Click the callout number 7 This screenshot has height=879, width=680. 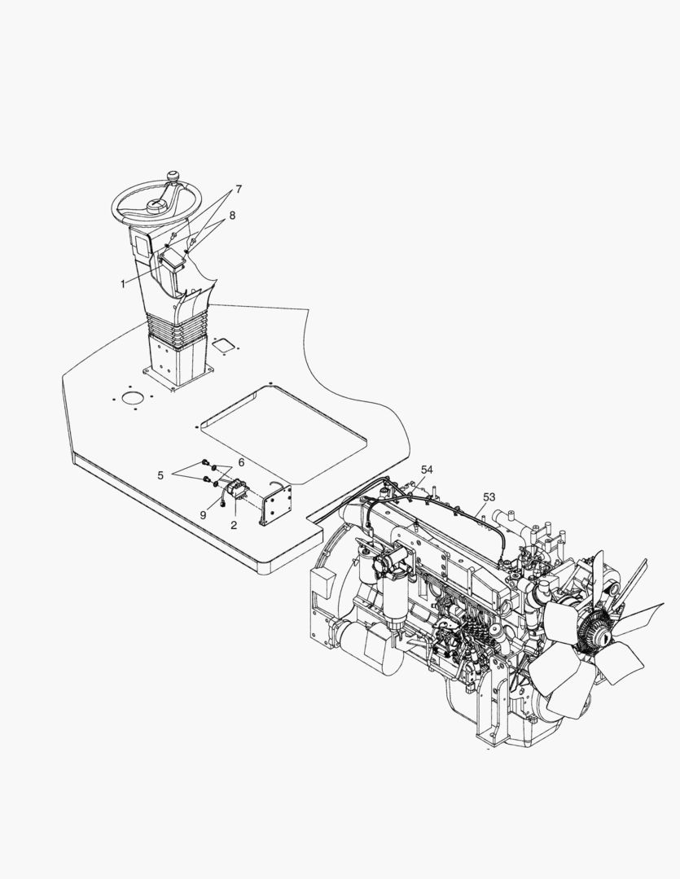click(x=239, y=190)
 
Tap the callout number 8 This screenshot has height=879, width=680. click(x=232, y=215)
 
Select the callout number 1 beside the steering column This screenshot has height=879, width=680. click(x=124, y=284)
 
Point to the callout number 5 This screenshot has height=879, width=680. click(x=160, y=475)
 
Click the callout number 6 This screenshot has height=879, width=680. click(x=241, y=462)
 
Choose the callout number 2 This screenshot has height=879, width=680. click(x=234, y=525)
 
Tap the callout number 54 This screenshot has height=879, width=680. click(x=428, y=470)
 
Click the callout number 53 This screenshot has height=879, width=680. click(x=489, y=496)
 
